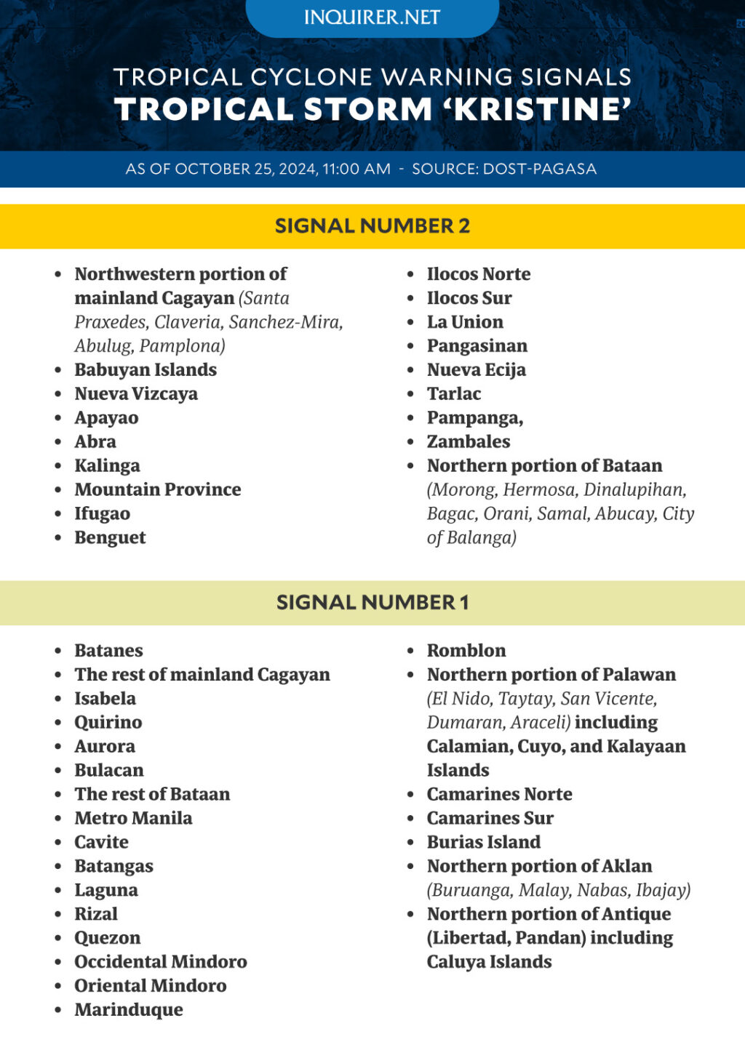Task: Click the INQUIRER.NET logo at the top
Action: [372, 17]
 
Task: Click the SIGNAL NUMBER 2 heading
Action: [372, 226]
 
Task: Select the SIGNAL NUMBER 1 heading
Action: [372, 603]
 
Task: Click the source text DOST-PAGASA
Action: [540, 169]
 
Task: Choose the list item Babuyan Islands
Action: [146, 370]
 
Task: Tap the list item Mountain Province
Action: [158, 490]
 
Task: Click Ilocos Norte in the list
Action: [479, 274]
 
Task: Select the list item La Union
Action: [465, 322]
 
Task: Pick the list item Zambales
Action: [469, 442]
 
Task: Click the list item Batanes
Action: [108, 651]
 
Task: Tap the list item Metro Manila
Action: [133, 819]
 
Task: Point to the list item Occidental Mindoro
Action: [161, 962]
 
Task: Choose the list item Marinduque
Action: [129, 1010]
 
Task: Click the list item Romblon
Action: [466, 651]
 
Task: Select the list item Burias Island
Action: [484, 843]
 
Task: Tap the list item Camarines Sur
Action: [490, 819]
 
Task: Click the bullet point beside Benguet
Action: [58, 538]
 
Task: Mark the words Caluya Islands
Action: [489, 962]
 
